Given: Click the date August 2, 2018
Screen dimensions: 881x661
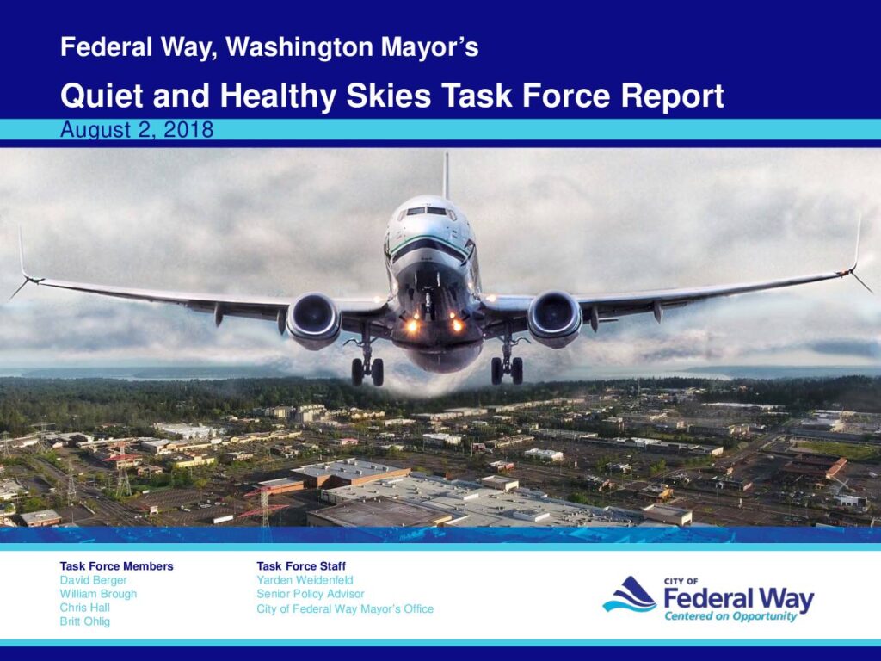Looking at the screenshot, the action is [x=137, y=130].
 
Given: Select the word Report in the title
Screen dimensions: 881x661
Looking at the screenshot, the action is [x=672, y=96].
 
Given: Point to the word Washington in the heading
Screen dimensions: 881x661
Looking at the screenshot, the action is [x=299, y=47].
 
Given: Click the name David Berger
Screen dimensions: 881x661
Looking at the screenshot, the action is [x=93, y=580].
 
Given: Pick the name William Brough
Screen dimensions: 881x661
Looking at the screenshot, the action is [x=98, y=594].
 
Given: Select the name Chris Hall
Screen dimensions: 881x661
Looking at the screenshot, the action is [x=85, y=608].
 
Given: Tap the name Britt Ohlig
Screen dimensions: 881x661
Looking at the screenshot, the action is [x=85, y=621].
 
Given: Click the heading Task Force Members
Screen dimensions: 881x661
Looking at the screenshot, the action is [x=117, y=566].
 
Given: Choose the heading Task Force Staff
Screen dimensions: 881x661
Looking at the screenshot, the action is [x=301, y=566].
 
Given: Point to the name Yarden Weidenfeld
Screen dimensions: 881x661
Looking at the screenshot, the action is [x=305, y=579].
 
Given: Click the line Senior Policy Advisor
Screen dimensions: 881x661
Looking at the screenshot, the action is [x=310, y=594].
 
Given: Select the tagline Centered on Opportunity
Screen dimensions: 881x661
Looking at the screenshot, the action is [x=730, y=616].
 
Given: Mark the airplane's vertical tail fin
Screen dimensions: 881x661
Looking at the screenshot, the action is [x=447, y=176].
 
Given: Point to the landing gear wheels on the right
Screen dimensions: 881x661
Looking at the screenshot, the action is [x=508, y=370].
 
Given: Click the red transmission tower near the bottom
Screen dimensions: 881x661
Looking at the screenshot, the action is [x=264, y=508].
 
